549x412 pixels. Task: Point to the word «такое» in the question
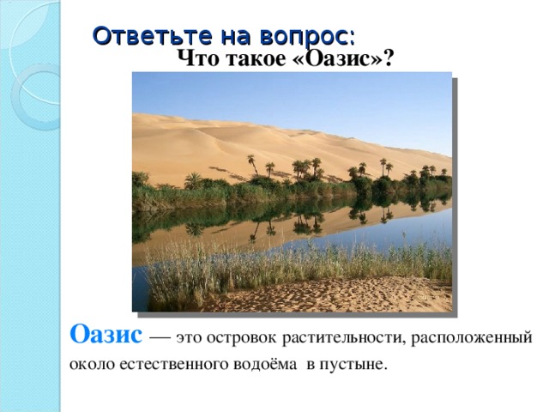(x=256, y=59)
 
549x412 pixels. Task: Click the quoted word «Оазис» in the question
(x=338, y=58)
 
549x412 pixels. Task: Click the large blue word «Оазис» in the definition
(x=106, y=334)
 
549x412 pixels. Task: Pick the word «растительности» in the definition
(x=345, y=337)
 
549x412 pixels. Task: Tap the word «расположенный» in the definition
(x=472, y=338)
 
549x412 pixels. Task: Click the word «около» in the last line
(x=92, y=364)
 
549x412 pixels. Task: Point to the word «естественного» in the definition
(x=173, y=364)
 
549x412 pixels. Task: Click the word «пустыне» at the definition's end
(x=353, y=365)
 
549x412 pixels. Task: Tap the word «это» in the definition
(x=189, y=338)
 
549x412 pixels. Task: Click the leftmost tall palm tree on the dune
(x=251, y=164)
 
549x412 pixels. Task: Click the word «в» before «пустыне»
(x=311, y=365)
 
